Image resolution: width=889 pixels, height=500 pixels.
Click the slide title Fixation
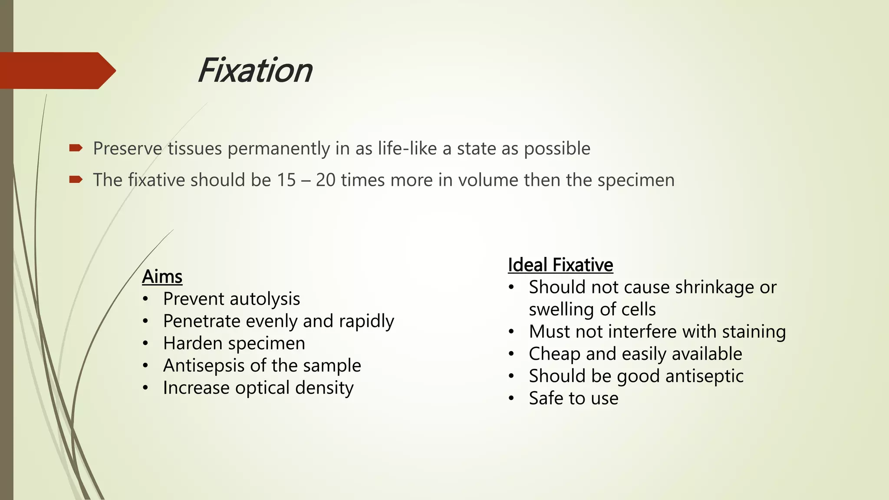(255, 70)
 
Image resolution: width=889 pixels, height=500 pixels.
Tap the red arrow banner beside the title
(56, 70)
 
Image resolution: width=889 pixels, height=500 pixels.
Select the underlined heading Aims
(162, 276)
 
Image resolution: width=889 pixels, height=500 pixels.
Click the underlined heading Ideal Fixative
(560, 265)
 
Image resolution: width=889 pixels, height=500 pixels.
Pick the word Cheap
(555, 354)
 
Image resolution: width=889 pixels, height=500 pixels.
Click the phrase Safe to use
(573, 398)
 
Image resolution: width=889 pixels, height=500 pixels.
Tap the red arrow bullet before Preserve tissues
(76, 148)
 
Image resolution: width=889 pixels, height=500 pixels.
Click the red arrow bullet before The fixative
(76, 180)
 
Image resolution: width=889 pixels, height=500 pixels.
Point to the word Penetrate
(201, 321)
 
